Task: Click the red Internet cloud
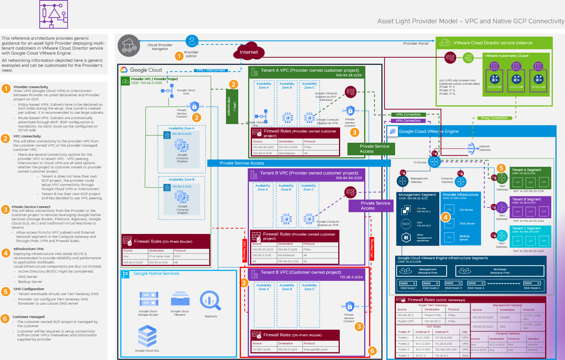(x=249, y=52)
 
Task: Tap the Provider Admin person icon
(x=192, y=40)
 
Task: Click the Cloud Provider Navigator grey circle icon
(x=129, y=46)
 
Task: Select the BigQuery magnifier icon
(x=210, y=301)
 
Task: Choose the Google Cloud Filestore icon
(x=180, y=299)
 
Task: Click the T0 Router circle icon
(x=434, y=161)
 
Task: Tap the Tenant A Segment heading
(x=526, y=170)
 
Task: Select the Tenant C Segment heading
(x=526, y=228)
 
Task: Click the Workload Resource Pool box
(x=499, y=271)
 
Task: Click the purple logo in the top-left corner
(x=53, y=14)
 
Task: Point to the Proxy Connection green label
(x=494, y=118)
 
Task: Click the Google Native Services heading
(x=156, y=273)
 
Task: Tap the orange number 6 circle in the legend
(x=5, y=318)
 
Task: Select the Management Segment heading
(x=417, y=195)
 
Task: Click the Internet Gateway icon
(x=471, y=148)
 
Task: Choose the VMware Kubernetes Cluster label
(x=506, y=56)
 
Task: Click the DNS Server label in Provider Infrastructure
(x=467, y=223)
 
